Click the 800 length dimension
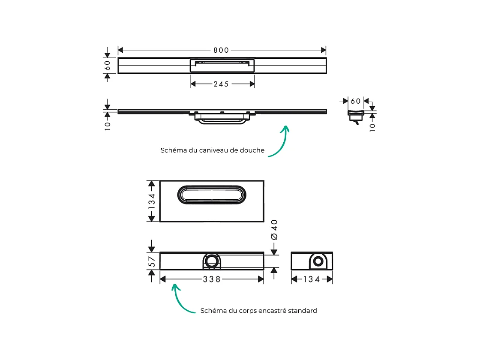tap(221, 50)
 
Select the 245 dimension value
tap(221, 84)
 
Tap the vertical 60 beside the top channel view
tap(108, 65)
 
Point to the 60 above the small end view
tap(355, 101)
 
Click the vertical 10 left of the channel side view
tap(108, 125)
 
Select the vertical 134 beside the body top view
tap(151, 201)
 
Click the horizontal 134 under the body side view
tap(312, 279)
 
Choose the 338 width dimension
tap(212, 279)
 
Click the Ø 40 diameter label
tap(274, 230)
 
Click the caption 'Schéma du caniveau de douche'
tap(212, 150)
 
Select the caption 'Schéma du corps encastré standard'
tap(258, 311)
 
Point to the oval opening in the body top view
tap(212, 195)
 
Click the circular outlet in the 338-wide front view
tap(211, 261)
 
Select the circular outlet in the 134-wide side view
tap(318, 261)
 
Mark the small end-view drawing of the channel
tap(355, 116)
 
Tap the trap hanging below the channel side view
tap(222, 120)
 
